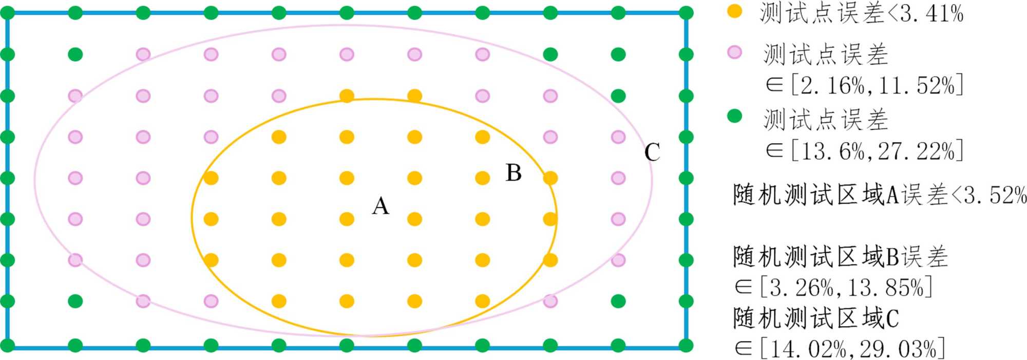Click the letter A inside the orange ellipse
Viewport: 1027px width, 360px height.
[x=381, y=206]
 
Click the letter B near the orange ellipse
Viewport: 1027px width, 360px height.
[x=513, y=173]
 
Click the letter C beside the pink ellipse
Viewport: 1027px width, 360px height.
[x=652, y=153]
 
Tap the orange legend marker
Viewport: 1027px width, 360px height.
[x=735, y=11]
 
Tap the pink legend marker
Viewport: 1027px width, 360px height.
[x=735, y=52]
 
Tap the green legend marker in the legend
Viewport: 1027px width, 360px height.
[x=735, y=117]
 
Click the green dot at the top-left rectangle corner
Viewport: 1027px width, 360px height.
[x=8, y=13]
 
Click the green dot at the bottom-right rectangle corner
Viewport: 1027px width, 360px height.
[x=686, y=346]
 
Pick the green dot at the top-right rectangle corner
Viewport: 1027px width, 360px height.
[x=686, y=13]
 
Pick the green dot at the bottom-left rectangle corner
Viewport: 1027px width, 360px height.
[x=8, y=346]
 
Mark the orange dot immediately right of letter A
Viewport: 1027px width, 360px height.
[x=414, y=219]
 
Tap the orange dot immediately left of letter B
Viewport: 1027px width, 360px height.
[x=482, y=178]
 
